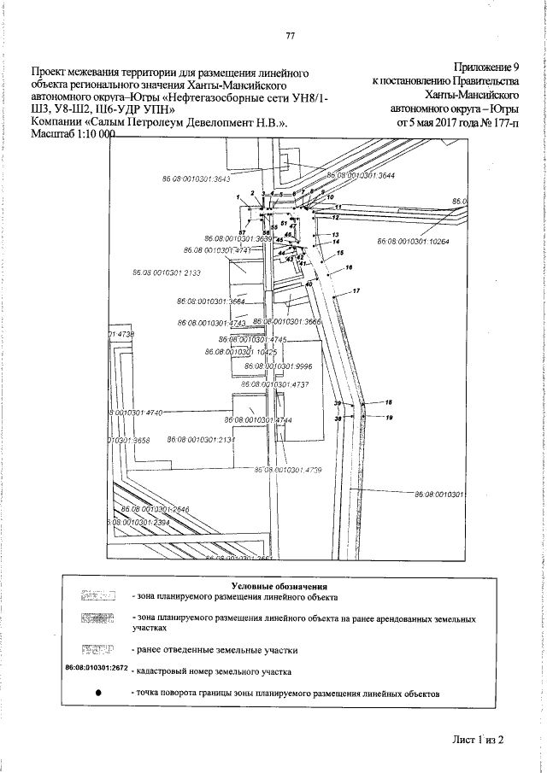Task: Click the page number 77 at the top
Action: (x=290, y=35)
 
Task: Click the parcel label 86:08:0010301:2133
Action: (x=167, y=272)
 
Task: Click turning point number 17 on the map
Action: (x=356, y=292)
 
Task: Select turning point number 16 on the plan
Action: (x=349, y=268)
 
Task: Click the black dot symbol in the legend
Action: (x=93, y=693)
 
